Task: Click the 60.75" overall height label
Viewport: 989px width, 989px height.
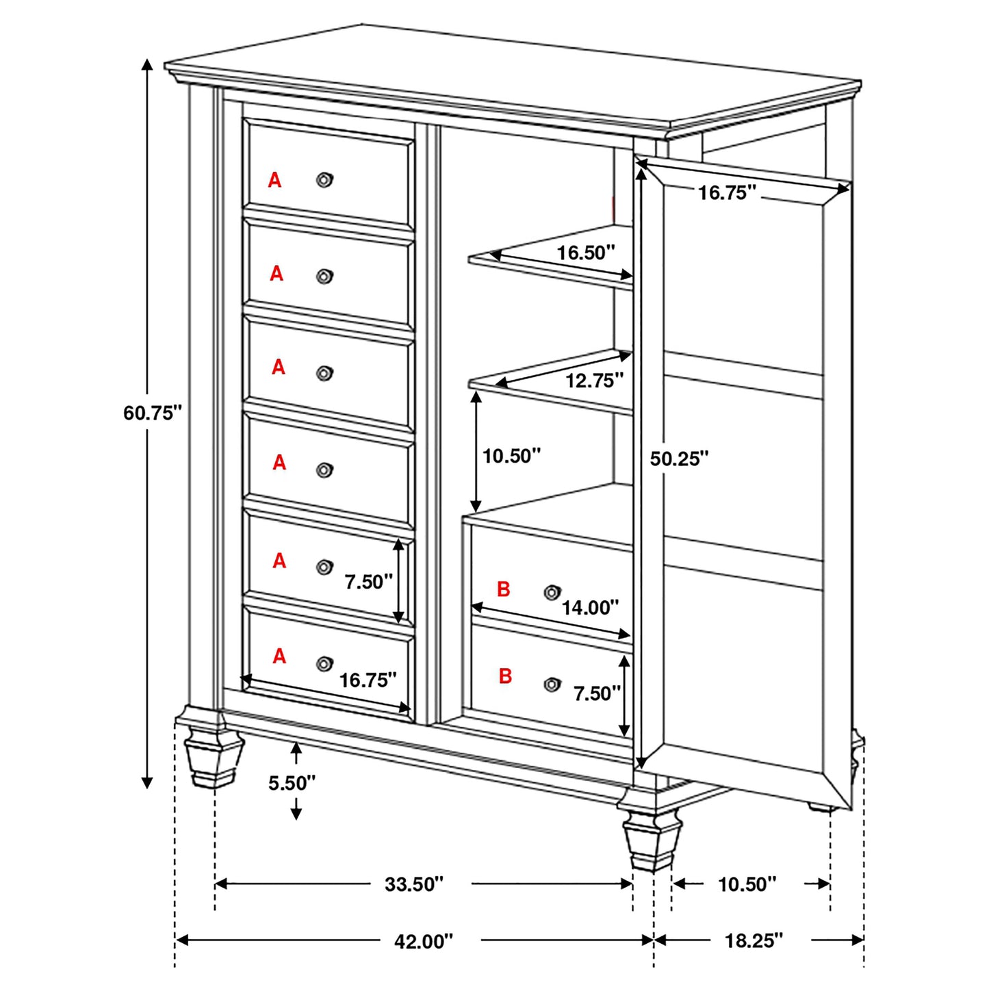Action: pyautogui.click(x=153, y=413)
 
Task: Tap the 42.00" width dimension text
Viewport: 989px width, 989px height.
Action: pyautogui.click(x=424, y=941)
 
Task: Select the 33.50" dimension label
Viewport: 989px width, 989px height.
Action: pyautogui.click(x=414, y=884)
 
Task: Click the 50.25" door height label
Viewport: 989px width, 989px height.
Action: pyautogui.click(x=679, y=459)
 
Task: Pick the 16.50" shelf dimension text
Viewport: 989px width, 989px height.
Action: pyautogui.click(x=586, y=253)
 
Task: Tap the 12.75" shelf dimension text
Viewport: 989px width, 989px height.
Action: pyautogui.click(x=594, y=380)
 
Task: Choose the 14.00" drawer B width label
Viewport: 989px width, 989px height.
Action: pyautogui.click(x=590, y=607)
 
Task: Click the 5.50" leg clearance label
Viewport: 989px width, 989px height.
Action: pyautogui.click(x=292, y=783)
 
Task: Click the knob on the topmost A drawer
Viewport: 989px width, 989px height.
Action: pyautogui.click(x=324, y=180)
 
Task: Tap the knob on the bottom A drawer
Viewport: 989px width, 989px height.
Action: pyautogui.click(x=324, y=664)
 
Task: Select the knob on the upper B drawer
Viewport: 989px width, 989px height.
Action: pyautogui.click(x=552, y=592)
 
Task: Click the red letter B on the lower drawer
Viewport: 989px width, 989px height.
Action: pyautogui.click(x=505, y=676)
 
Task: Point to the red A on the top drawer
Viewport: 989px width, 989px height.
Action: pyautogui.click(x=274, y=180)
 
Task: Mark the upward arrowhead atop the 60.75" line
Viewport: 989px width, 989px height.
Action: pyautogui.click(x=146, y=64)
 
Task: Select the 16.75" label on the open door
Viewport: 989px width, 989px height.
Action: pyautogui.click(x=727, y=193)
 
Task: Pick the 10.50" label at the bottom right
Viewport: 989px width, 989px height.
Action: pyautogui.click(x=747, y=884)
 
